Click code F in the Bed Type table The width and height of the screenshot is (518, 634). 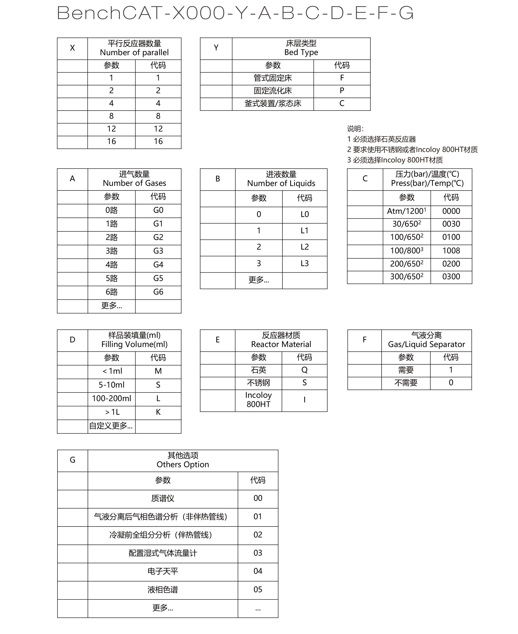click(x=342, y=78)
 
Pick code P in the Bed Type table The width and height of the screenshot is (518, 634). click(x=342, y=91)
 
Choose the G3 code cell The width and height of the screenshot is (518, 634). click(x=158, y=251)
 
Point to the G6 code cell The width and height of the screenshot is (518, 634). click(x=158, y=292)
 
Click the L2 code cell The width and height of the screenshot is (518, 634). click(x=305, y=247)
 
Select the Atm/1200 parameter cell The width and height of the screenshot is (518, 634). click(x=407, y=211)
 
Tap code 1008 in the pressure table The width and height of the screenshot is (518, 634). click(x=451, y=251)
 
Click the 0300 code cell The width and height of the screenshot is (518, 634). click(x=451, y=277)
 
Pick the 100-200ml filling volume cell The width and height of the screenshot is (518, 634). click(x=112, y=398)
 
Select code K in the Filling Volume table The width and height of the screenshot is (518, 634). click(x=158, y=412)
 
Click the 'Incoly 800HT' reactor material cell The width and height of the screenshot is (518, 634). click(x=258, y=400)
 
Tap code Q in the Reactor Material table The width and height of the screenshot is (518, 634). click(x=304, y=370)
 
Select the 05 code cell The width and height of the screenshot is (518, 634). click(x=258, y=589)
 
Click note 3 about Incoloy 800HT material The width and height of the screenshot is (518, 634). click(x=395, y=160)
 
